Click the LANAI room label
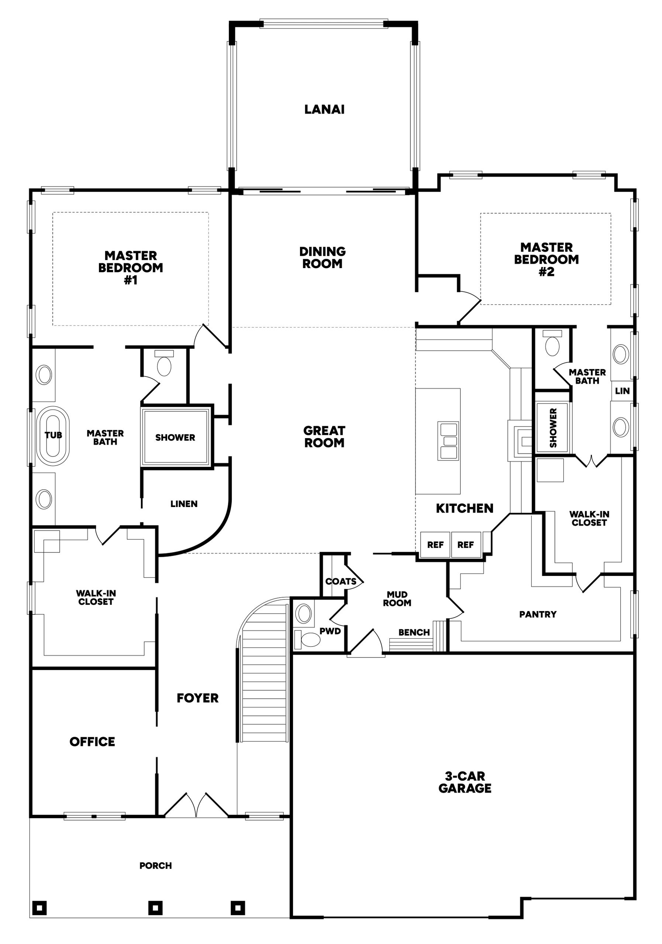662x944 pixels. (324, 110)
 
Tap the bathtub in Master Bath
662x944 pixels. (53, 436)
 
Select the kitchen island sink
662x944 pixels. (448, 441)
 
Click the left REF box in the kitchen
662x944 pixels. (435, 545)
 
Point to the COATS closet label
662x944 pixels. (341, 582)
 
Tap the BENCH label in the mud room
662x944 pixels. (414, 632)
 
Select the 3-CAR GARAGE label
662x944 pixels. (465, 782)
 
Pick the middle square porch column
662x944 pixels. (155, 908)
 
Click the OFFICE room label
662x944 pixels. (92, 742)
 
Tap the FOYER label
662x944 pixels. (197, 698)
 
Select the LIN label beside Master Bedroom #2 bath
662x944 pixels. (622, 391)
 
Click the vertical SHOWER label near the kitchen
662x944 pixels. (553, 428)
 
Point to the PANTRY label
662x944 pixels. (538, 614)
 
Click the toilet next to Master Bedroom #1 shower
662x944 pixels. (164, 364)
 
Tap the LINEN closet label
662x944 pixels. (184, 504)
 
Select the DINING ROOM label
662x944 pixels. (322, 257)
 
